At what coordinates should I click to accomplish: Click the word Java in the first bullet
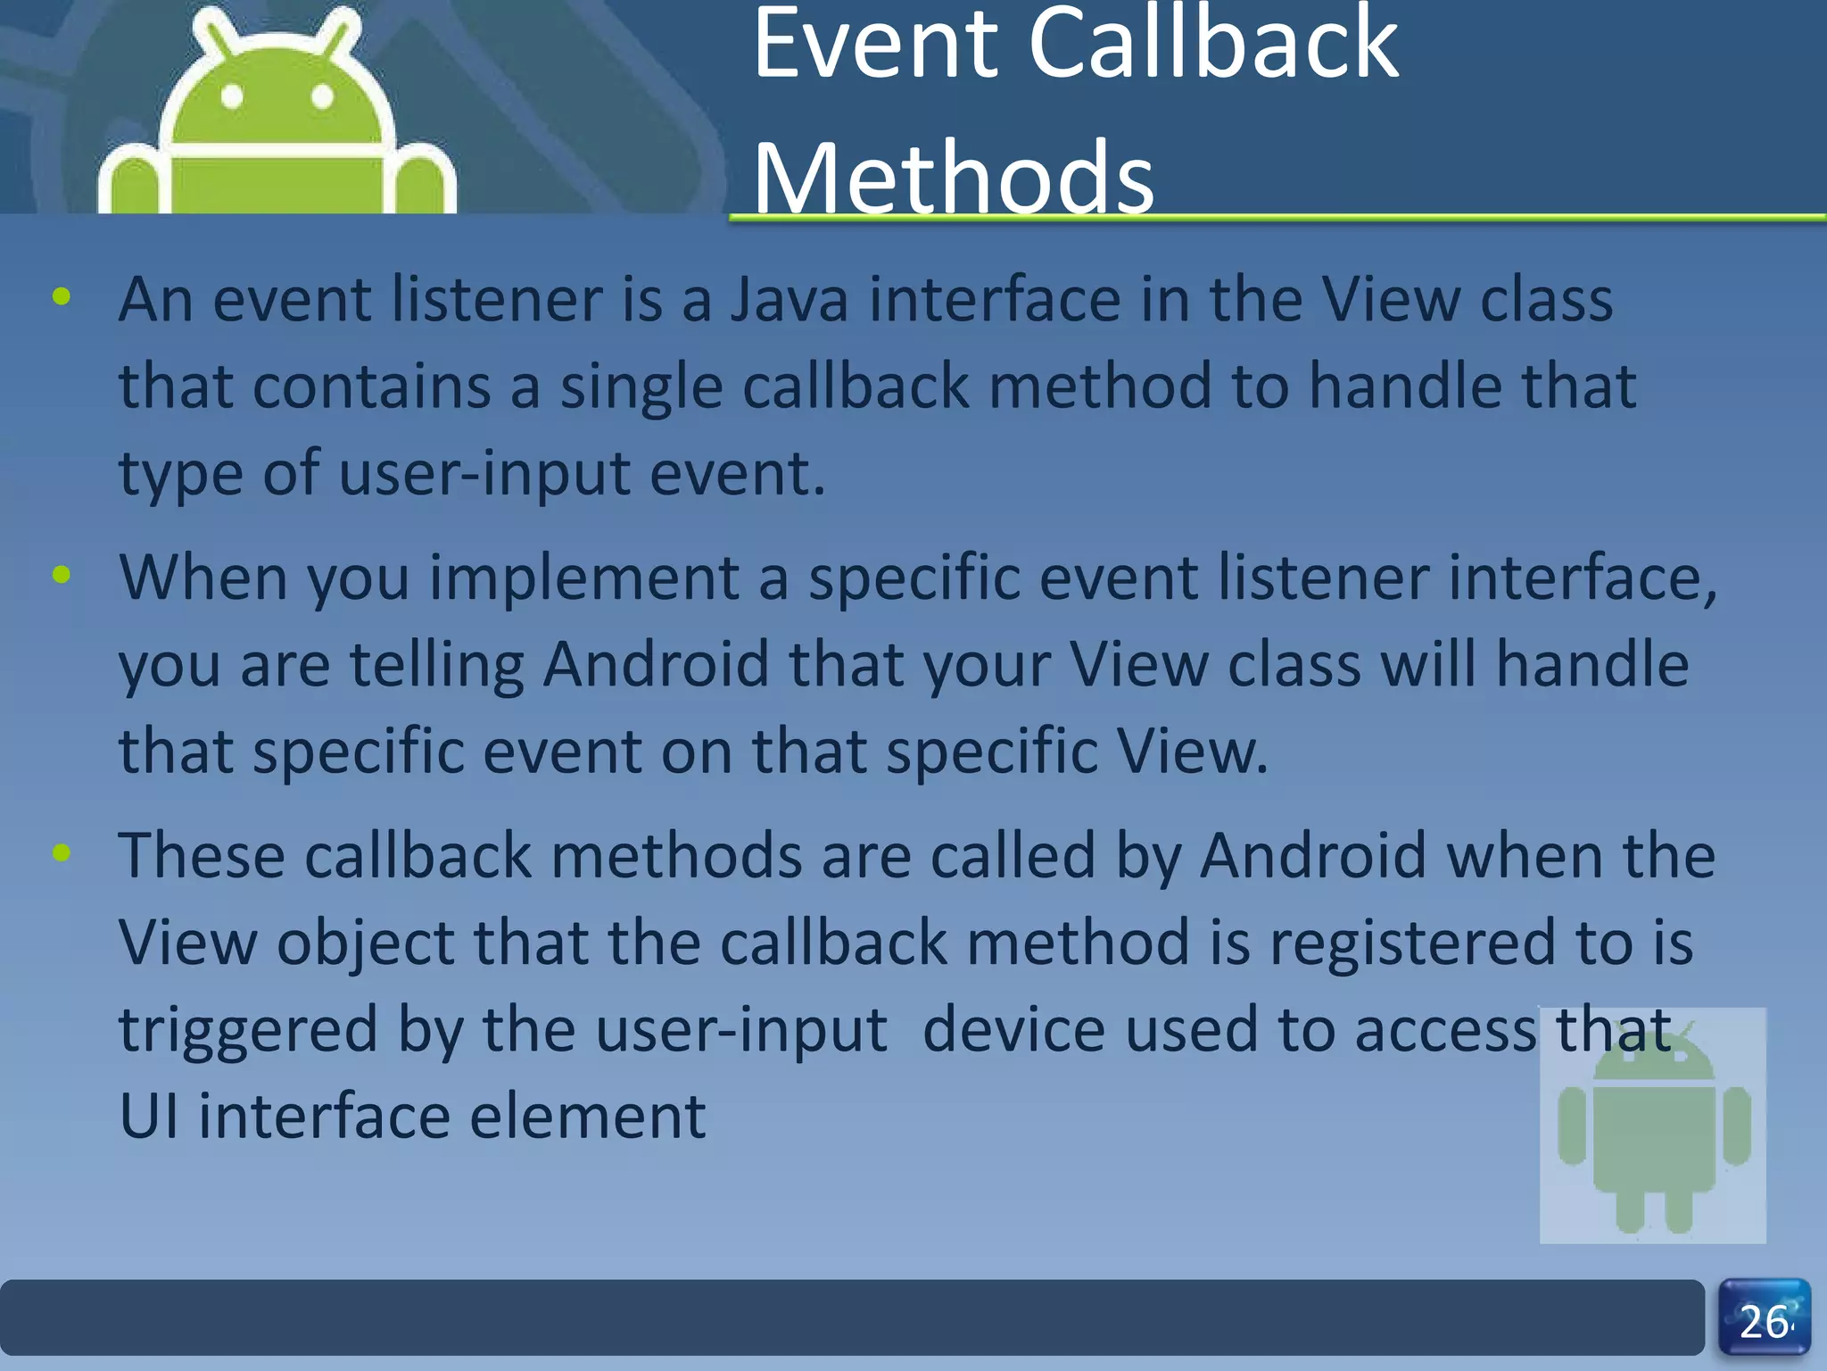[789, 300]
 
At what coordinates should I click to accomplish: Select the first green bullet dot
[61, 297]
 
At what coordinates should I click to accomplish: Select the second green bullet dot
[61, 575]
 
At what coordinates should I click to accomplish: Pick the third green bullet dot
[61, 852]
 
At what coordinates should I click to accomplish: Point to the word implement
[584, 578]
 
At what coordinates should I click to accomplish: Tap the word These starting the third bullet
[201, 855]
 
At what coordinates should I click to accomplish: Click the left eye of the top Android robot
[232, 96]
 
